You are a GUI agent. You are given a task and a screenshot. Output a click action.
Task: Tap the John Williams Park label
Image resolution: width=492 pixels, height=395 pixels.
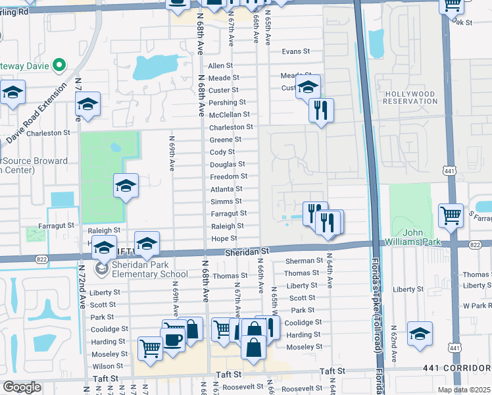(422, 237)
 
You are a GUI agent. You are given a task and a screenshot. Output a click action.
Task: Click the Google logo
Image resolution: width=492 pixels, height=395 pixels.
(22, 387)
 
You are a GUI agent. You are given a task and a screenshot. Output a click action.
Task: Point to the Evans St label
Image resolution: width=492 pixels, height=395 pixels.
(295, 51)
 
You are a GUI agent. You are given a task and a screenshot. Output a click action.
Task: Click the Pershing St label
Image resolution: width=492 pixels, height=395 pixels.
(227, 103)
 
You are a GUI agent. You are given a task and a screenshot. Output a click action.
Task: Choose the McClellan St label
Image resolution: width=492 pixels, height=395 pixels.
(229, 115)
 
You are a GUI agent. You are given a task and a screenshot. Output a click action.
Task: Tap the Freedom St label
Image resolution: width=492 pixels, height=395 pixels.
(228, 176)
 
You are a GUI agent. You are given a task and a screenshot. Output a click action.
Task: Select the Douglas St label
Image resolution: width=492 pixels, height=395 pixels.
(228, 164)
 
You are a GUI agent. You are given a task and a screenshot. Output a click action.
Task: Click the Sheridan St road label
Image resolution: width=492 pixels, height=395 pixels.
(247, 251)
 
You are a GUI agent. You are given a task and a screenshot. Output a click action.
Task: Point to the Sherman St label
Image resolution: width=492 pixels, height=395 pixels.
(304, 261)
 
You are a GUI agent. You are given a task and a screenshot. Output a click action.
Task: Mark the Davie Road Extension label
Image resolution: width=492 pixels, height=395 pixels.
(37, 114)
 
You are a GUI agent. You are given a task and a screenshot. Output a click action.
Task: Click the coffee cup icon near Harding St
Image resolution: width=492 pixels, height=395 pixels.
(174, 340)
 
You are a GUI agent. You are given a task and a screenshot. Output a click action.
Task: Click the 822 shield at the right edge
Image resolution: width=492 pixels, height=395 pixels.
(476, 244)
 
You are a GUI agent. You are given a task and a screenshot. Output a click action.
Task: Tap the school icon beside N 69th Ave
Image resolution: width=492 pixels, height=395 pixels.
(126, 186)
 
